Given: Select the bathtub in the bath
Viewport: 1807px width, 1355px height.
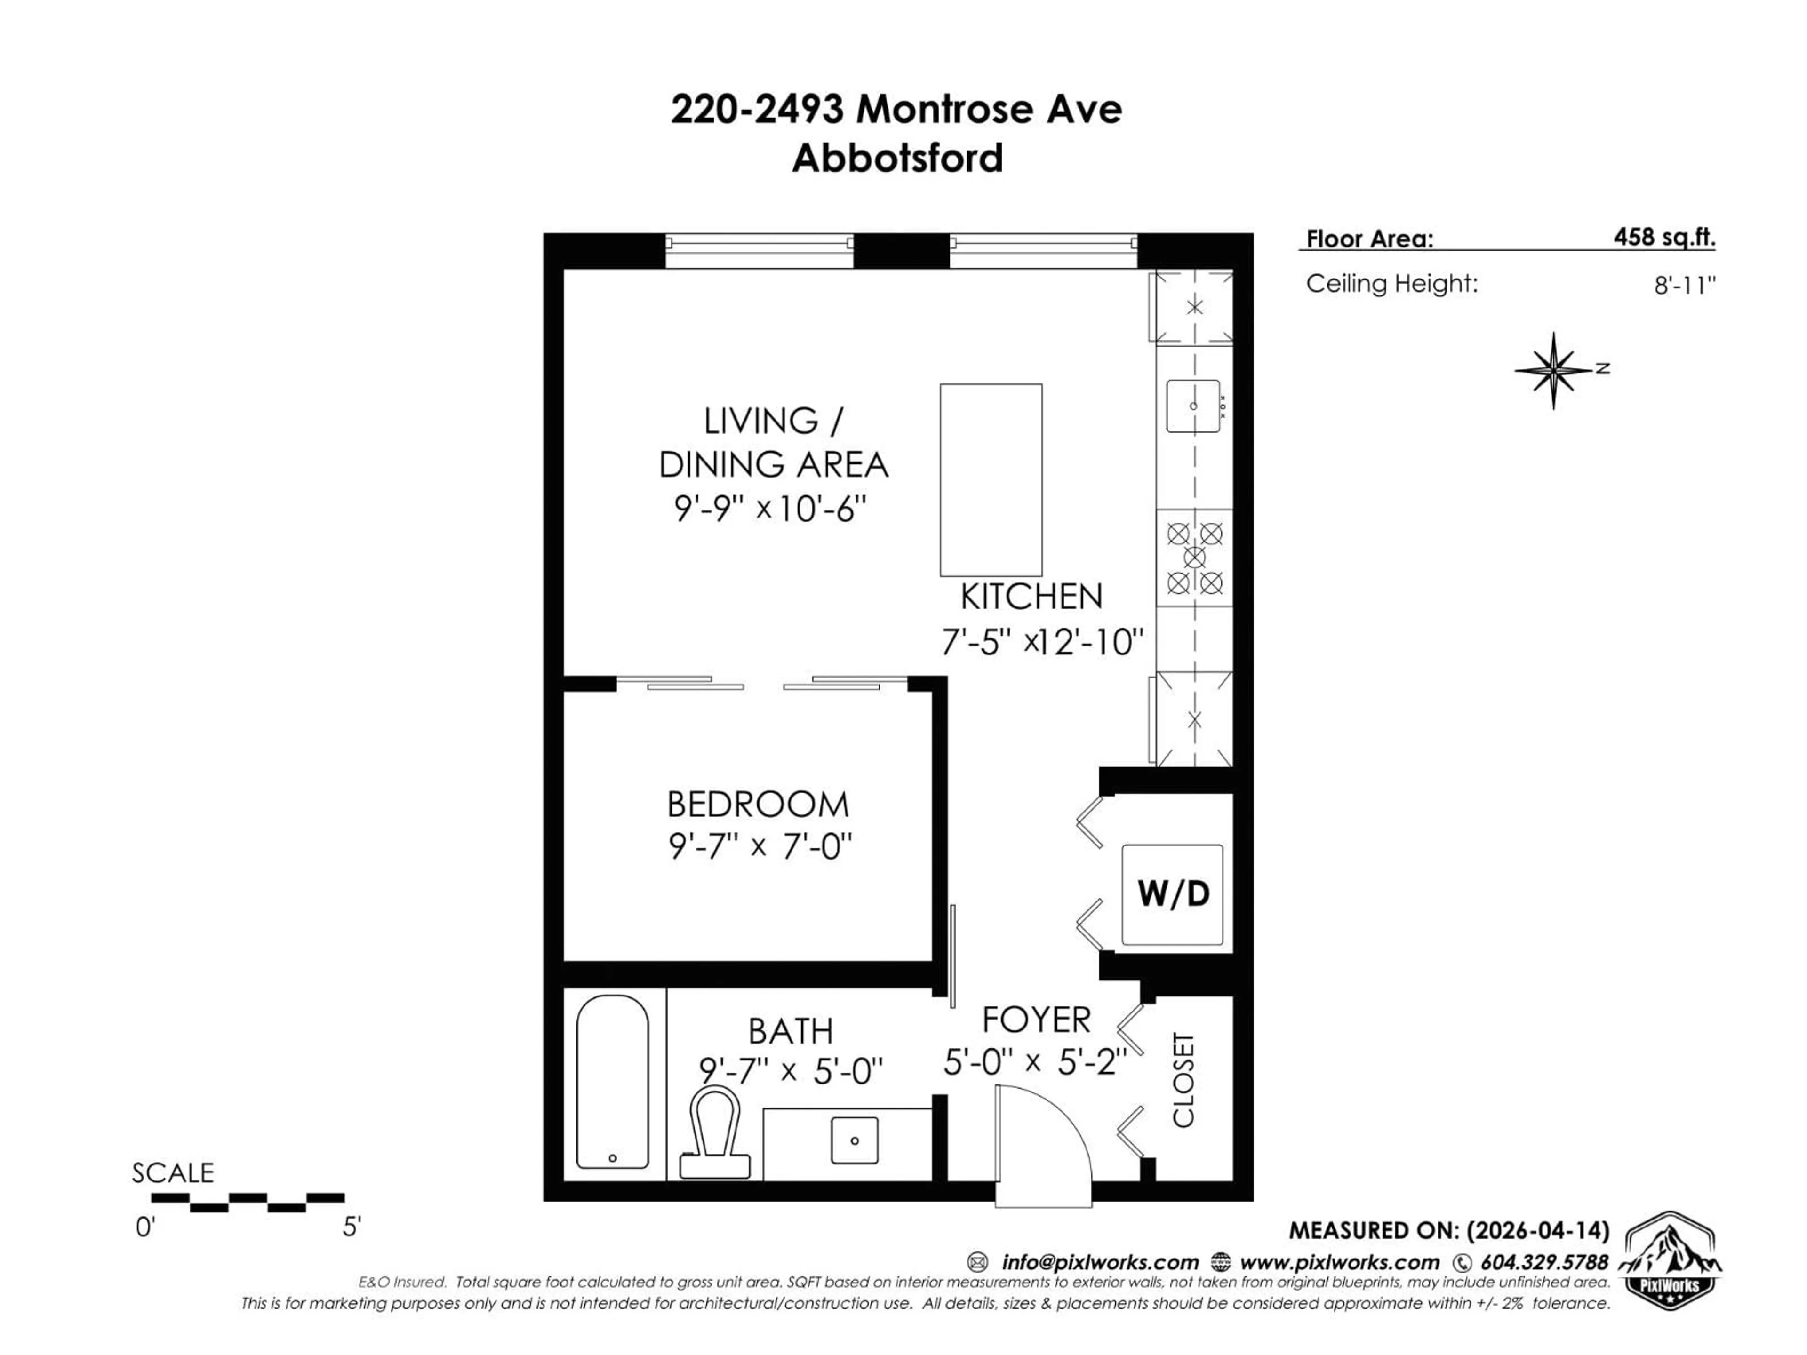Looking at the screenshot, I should (613, 1082).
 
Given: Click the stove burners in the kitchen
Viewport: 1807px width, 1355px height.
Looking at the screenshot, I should (1194, 558).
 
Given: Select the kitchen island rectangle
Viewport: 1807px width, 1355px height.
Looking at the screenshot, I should (991, 480).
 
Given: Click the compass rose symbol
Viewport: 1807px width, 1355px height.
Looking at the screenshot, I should (1554, 370).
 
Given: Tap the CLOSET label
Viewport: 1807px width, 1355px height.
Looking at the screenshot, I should (1183, 1080).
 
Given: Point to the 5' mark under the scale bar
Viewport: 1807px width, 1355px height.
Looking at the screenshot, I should (351, 1227).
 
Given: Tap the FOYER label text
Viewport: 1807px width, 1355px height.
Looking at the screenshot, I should (1036, 1020).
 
